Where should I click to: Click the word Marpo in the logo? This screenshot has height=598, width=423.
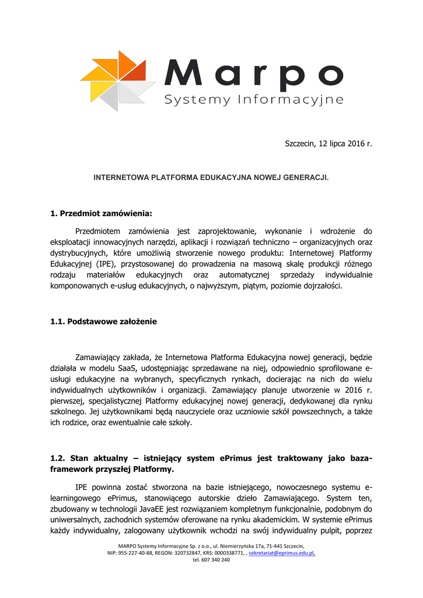pyautogui.click(x=254, y=74)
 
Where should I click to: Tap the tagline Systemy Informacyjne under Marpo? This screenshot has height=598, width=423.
pyautogui.click(x=254, y=100)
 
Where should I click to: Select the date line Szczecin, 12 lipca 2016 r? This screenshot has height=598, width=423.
pyautogui.click(x=328, y=143)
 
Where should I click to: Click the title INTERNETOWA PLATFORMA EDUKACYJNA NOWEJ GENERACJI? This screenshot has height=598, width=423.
pyautogui.click(x=212, y=176)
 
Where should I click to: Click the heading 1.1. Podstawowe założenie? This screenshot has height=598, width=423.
pyautogui.click(x=104, y=321)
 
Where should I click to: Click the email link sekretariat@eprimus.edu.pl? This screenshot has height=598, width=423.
pyautogui.click(x=282, y=552)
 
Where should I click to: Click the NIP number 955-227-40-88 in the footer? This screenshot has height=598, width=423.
pyautogui.click(x=135, y=552)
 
